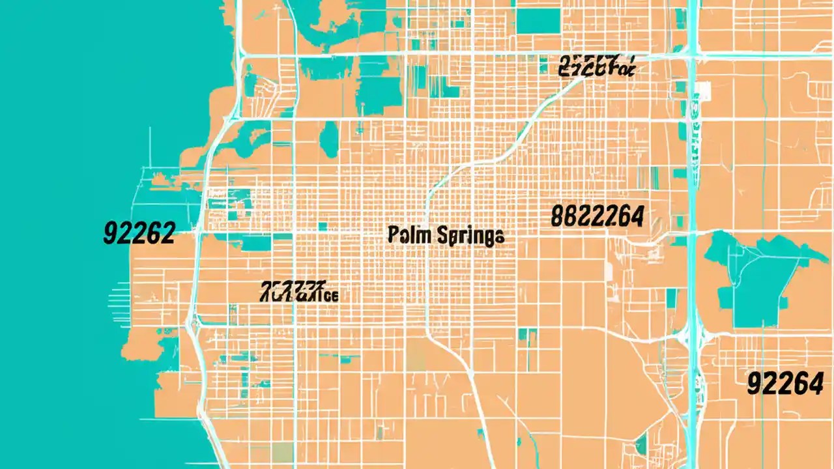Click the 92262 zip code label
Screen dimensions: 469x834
coord(139,233)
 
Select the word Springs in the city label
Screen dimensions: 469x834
coord(468,235)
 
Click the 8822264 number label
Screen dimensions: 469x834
coord(597,216)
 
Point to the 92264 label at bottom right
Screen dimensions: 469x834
coord(784,384)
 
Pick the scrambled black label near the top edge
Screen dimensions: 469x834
coord(596,66)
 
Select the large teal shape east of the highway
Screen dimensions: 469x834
coord(756,274)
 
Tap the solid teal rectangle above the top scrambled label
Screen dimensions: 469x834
coord(538,21)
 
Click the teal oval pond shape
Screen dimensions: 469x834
coord(330,138)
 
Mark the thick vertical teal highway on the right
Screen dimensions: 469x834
coord(692,195)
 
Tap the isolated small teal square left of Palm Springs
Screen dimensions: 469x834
coord(323,227)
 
